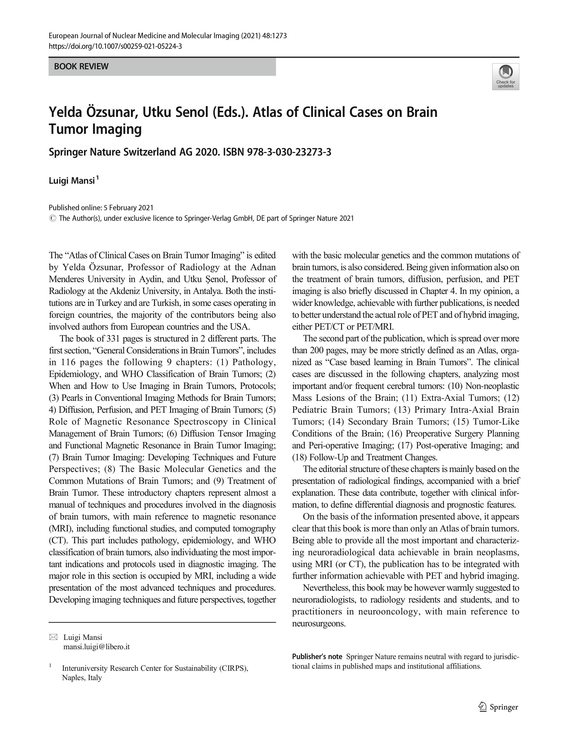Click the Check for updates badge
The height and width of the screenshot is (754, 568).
505,76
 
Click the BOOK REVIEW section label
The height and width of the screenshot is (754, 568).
81,67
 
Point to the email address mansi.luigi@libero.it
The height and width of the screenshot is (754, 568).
97,647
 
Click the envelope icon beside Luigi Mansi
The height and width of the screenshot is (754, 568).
54,637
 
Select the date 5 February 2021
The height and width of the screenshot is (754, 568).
129,207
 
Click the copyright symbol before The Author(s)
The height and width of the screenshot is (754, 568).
52,218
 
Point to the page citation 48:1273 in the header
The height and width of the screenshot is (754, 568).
275,36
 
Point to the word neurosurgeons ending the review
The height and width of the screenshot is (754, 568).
319,623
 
